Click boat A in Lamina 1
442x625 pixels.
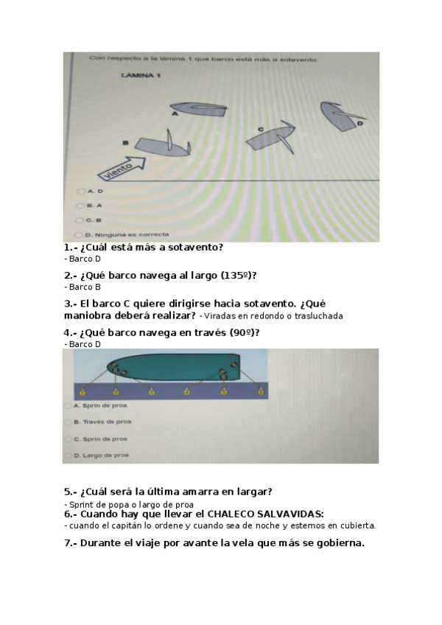pyautogui.click(x=199, y=109)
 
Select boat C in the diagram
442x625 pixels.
pyautogui.click(x=270, y=136)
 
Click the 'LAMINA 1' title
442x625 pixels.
pyautogui.click(x=141, y=75)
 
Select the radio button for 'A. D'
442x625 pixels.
pyautogui.click(x=80, y=191)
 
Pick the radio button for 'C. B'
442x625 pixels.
pyautogui.click(x=80, y=220)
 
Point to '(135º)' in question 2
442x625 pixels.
pyautogui.click(x=232, y=276)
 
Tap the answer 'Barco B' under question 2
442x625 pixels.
pyautogui.click(x=85, y=287)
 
